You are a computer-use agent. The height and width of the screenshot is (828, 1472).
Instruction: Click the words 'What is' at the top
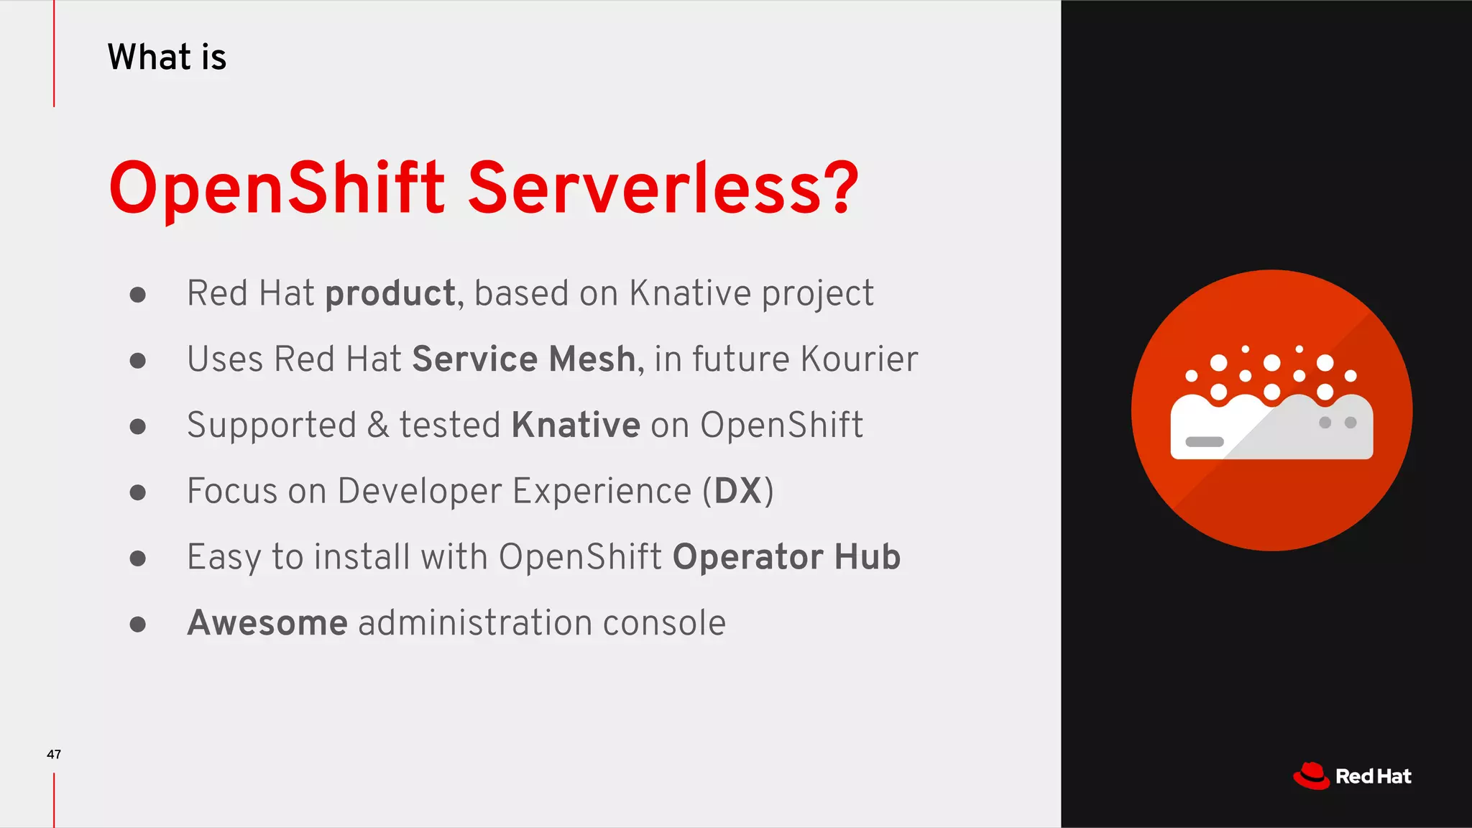pyautogui.click(x=167, y=57)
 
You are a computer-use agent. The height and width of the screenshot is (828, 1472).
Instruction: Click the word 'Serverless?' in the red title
pyautogui.click(x=663, y=188)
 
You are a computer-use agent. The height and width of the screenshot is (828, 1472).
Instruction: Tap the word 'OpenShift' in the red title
pyautogui.click(x=277, y=188)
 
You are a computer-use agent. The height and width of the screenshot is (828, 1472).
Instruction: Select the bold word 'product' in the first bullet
pyautogui.click(x=390, y=294)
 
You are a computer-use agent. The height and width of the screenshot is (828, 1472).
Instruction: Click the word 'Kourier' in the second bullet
pyautogui.click(x=859, y=359)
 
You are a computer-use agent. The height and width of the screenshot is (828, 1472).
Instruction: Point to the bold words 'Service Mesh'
pyautogui.click(x=524, y=359)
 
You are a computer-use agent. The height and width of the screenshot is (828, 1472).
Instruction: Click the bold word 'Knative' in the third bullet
pyautogui.click(x=576, y=425)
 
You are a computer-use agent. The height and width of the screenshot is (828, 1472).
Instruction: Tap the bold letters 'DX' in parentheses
pyautogui.click(x=737, y=491)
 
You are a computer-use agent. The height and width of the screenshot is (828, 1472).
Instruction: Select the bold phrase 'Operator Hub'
pyautogui.click(x=786, y=557)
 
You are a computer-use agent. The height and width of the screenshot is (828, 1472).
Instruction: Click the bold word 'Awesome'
pyautogui.click(x=267, y=622)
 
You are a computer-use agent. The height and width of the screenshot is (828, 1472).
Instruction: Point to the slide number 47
pyautogui.click(x=54, y=754)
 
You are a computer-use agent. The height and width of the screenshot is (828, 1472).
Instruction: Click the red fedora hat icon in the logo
pyautogui.click(x=1311, y=776)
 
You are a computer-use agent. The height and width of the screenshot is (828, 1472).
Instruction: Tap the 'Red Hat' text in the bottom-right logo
pyautogui.click(x=1373, y=776)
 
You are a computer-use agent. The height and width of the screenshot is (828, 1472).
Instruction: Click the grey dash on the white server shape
pyautogui.click(x=1205, y=441)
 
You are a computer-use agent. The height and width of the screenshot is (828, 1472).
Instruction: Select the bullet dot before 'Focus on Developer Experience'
pyautogui.click(x=138, y=492)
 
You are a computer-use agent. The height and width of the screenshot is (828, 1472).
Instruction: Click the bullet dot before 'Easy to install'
pyautogui.click(x=138, y=558)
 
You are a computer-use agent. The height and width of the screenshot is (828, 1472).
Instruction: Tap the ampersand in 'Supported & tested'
pyautogui.click(x=378, y=425)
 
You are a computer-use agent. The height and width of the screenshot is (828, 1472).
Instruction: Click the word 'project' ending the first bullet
pyautogui.click(x=817, y=294)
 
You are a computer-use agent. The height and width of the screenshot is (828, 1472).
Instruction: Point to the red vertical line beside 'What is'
pyautogui.click(x=54, y=54)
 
